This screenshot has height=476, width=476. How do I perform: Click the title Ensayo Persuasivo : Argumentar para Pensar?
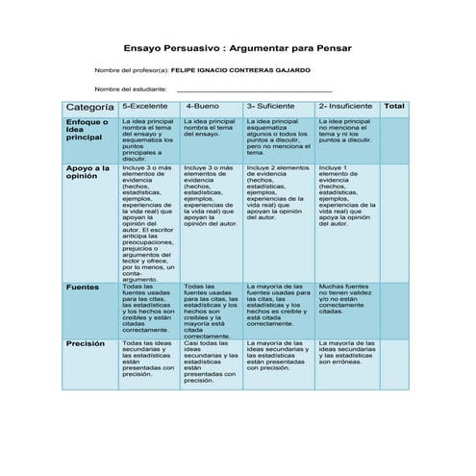click(238, 47)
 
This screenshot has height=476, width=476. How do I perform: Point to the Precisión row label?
click(85, 343)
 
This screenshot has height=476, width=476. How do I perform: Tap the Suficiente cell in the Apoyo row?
click(279, 192)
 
